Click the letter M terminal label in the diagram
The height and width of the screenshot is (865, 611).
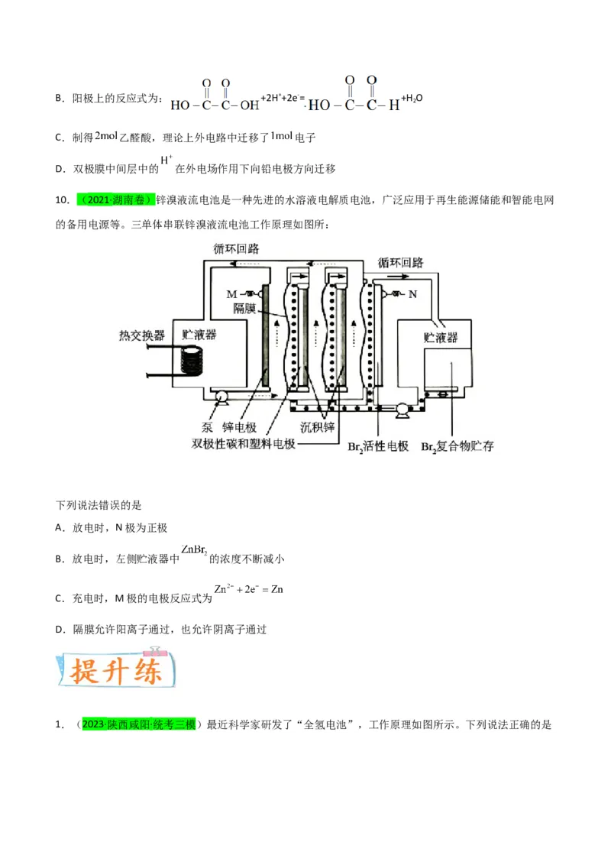tap(231, 293)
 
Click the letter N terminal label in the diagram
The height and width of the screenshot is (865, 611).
tap(412, 293)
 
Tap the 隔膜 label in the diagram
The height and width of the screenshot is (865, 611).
tap(247, 308)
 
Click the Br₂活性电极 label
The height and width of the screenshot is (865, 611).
tap(378, 446)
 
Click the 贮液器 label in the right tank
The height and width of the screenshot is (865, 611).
tap(441, 336)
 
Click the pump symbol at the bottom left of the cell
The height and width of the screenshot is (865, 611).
tap(222, 395)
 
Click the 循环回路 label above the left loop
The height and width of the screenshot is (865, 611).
tap(236, 248)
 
